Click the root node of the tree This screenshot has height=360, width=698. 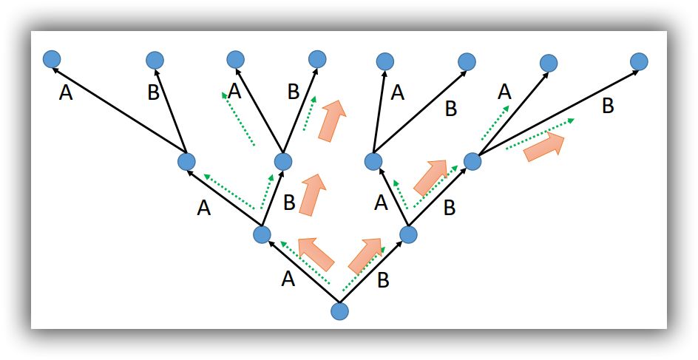pyautogui.click(x=339, y=311)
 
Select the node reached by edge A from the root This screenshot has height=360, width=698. pyautogui.click(x=262, y=235)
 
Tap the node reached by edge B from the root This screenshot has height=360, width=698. pyautogui.click(x=408, y=234)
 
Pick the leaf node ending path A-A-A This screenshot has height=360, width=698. pyautogui.click(x=51, y=58)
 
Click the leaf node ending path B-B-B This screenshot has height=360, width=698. pyautogui.click(x=639, y=61)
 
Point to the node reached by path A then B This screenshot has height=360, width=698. pyautogui.click(x=283, y=160)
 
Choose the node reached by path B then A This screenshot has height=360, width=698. pyautogui.click(x=374, y=160)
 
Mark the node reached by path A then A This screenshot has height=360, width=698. pyautogui.click(x=186, y=160)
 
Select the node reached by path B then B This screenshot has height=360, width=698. pyautogui.click(x=472, y=160)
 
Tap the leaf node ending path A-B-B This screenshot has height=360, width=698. pyautogui.click(x=317, y=58)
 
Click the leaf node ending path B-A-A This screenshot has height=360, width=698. pyautogui.click(x=384, y=61)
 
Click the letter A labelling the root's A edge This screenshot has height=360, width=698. pyautogui.click(x=288, y=279)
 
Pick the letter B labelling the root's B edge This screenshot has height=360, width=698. pyautogui.click(x=383, y=280)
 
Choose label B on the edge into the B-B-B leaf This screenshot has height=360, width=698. pyautogui.click(x=608, y=106)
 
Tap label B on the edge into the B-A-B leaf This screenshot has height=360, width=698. pyautogui.click(x=450, y=109)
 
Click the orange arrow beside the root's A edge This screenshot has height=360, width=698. pyautogui.click(x=316, y=253)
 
